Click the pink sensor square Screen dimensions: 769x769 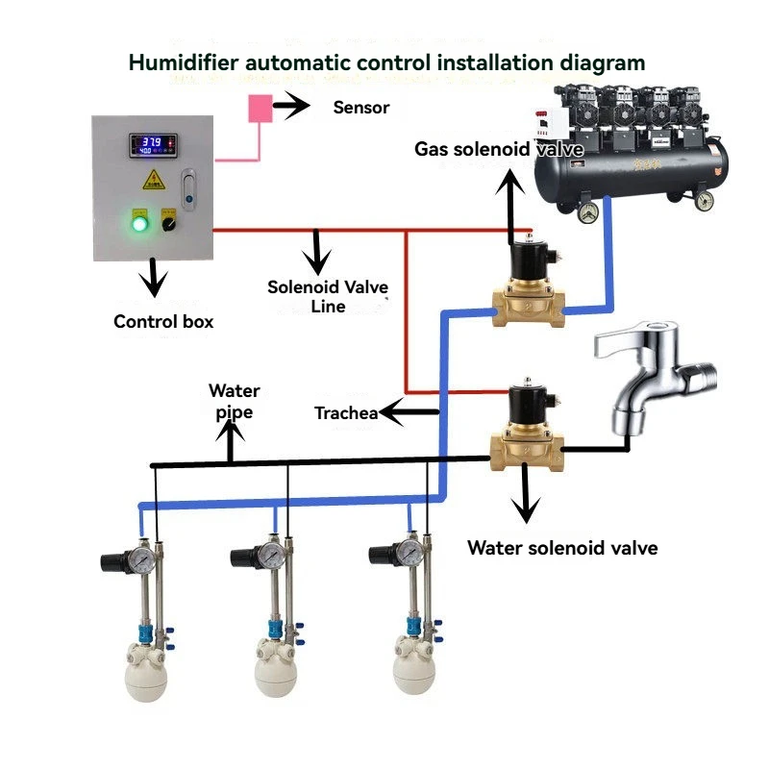260,109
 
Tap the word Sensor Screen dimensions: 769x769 361,108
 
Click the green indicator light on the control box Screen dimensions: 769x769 139,224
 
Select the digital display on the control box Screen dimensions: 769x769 153,145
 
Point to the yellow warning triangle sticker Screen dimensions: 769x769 154,181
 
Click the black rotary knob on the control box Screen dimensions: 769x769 169,224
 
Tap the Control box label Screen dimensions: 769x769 163,322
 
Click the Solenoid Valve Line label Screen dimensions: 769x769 328,297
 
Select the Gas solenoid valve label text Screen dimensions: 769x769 499,149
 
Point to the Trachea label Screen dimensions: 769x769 346,413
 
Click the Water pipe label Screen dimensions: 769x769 235,402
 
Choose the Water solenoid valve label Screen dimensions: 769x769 562,548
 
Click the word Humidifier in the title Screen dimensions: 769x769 184,62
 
